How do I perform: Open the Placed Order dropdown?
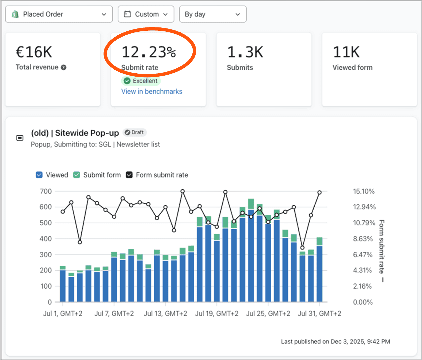(x=59, y=14)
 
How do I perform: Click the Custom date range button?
(x=146, y=14)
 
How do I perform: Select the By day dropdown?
(x=212, y=14)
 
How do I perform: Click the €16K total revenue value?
(x=34, y=52)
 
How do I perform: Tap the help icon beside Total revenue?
(x=64, y=67)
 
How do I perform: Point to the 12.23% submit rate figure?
(x=149, y=52)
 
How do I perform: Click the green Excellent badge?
(x=141, y=81)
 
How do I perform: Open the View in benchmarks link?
(x=152, y=91)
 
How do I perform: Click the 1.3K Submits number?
(x=245, y=52)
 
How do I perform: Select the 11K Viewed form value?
(x=346, y=52)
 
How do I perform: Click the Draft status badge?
(x=134, y=132)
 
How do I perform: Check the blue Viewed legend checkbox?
(x=39, y=175)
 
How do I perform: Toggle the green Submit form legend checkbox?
(x=77, y=175)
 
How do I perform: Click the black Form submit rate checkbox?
(x=129, y=175)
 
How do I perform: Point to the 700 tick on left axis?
(x=46, y=191)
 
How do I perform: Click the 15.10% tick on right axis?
(x=364, y=191)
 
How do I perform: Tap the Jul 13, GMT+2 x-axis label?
(x=165, y=313)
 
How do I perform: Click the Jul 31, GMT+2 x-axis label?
(x=319, y=313)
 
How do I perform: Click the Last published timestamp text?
(x=335, y=342)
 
